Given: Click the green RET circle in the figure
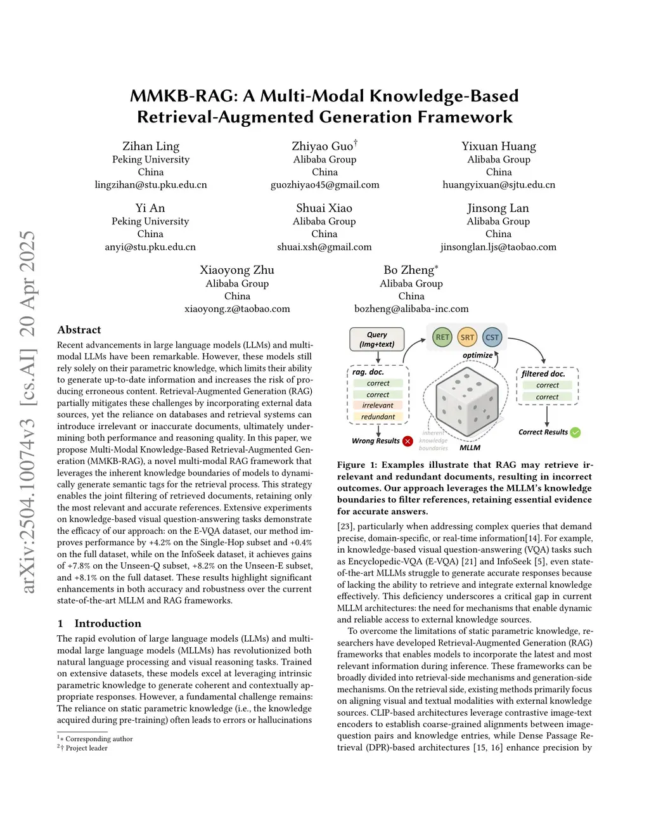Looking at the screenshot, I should point(442,337).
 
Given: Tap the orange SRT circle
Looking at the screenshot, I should point(467,337).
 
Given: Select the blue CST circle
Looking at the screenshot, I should point(492,337).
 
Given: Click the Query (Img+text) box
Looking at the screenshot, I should point(377,339).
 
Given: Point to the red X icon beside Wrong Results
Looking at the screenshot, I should point(408,441).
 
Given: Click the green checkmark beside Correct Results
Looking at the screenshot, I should point(575,432).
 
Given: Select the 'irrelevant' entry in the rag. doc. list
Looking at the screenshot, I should point(378,406).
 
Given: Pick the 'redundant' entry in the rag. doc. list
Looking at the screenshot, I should point(378,417).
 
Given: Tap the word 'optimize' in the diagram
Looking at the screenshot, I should point(477,355).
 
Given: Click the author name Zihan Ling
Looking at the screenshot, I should point(151,146).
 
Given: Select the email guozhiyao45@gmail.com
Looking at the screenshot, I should point(324,185).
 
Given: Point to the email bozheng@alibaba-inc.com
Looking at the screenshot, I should point(411,309).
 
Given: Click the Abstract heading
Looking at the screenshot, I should point(79,330).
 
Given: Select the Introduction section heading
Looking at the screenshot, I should point(108,623).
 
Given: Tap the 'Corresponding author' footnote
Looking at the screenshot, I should point(99,739).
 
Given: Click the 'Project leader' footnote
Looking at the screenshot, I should point(86,748).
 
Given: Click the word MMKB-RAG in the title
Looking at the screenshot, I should point(183,96).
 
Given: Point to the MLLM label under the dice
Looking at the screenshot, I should point(470,448).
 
